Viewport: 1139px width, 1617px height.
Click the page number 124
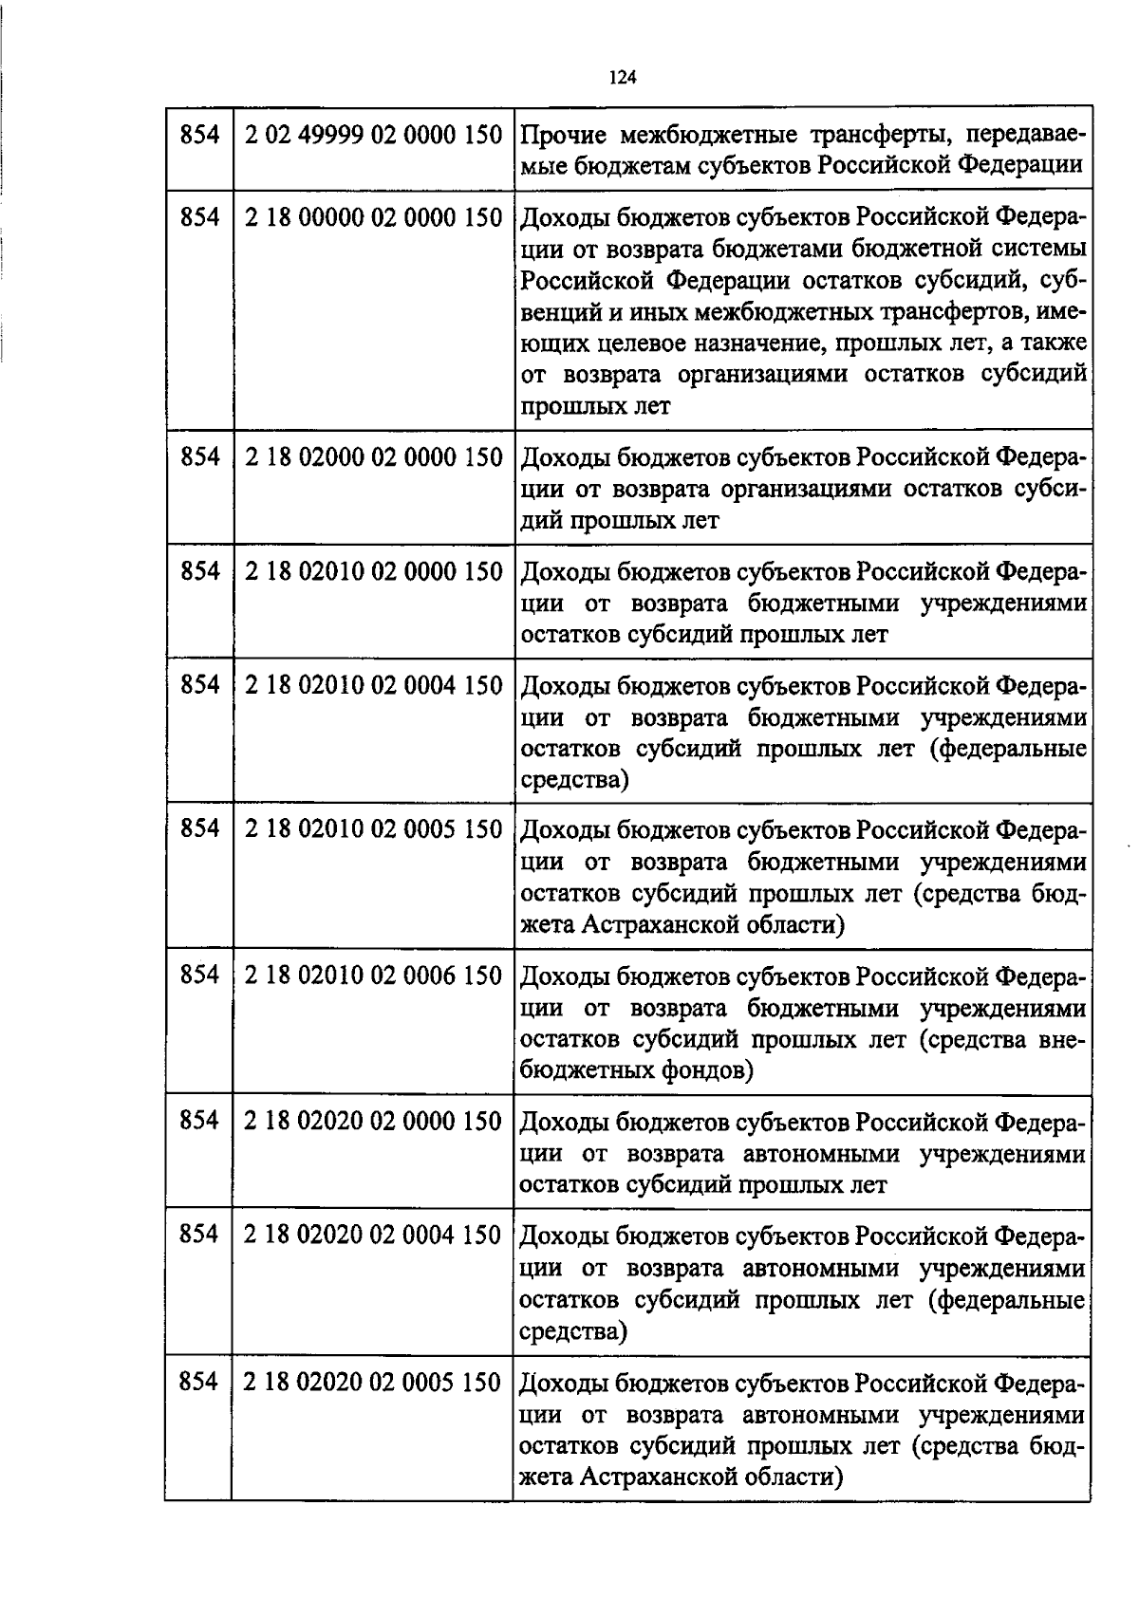click(x=622, y=77)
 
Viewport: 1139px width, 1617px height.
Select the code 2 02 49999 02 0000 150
click(x=373, y=136)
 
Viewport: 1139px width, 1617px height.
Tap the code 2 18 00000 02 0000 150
click(x=373, y=218)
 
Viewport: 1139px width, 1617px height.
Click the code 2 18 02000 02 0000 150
click(x=373, y=457)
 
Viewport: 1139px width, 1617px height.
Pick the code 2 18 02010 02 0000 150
click(x=373, y=571)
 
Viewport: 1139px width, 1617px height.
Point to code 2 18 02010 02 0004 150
click(x=373, y=685)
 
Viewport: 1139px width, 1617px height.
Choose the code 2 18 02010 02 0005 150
click(x=373, y=829)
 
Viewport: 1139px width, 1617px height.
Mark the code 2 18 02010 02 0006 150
click(x=373, y=976)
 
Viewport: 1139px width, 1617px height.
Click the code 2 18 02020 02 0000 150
click(x=373, y=1122)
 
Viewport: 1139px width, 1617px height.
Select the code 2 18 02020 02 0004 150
click(x=373, y=1236)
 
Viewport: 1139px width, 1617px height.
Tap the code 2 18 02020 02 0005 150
click(x=373, y=1382)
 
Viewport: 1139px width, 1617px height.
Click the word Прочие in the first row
click(x=567, y=136)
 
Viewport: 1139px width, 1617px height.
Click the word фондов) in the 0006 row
click(x=706, y=1070)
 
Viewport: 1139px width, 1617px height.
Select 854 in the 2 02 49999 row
click(x=199, y=136)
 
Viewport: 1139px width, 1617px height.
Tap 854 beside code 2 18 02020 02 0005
click(x=199, y=1382)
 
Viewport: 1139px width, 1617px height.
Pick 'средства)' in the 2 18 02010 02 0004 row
click(x=574, y=780)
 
